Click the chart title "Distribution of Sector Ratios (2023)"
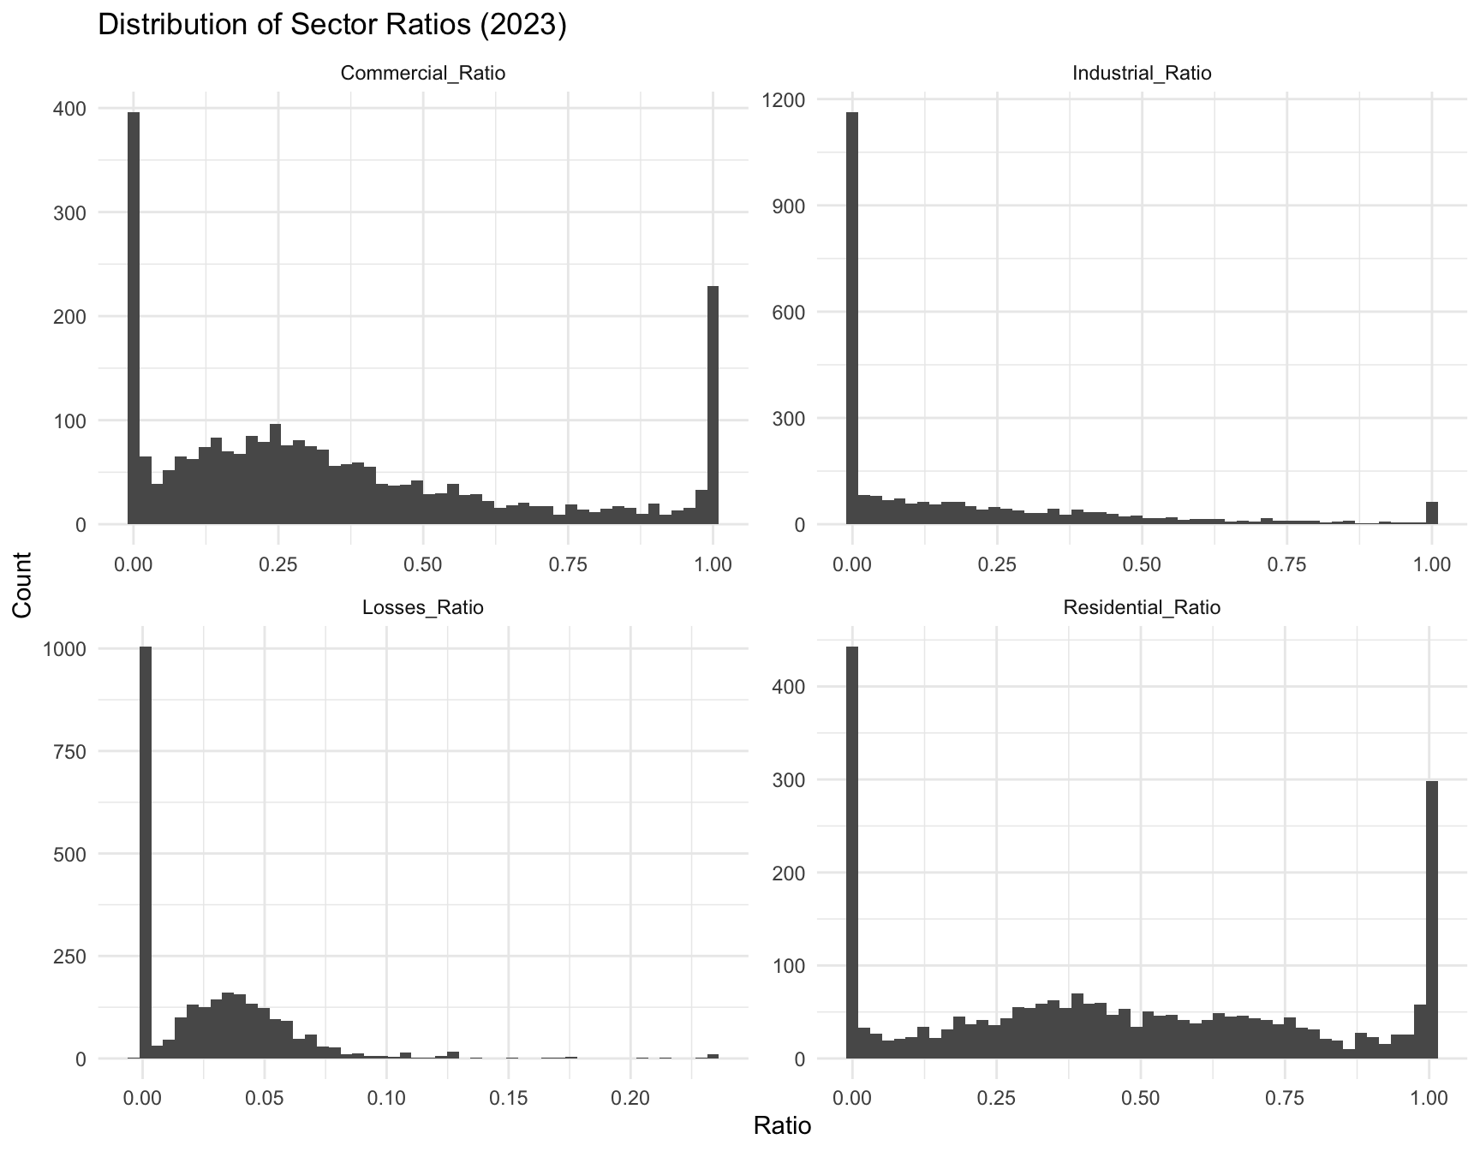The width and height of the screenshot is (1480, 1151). coord(332,25)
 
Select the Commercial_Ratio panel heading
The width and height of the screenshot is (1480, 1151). coord(423,74)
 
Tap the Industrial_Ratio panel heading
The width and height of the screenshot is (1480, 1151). coord(1142,74)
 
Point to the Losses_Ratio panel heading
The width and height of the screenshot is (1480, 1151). coord(423,608)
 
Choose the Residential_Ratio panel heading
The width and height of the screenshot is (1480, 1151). coord(1142,608)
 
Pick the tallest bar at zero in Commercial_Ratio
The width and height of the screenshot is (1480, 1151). coord(134,317)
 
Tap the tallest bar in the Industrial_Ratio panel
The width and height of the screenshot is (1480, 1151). coord(852,317)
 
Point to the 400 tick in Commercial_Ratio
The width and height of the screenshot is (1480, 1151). coord(69,109)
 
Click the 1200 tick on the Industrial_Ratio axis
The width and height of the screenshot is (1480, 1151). coord(781,100)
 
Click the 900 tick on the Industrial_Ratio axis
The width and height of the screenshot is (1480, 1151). coord(787,206)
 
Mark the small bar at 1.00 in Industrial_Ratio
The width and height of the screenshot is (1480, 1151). coord(1431,513)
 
